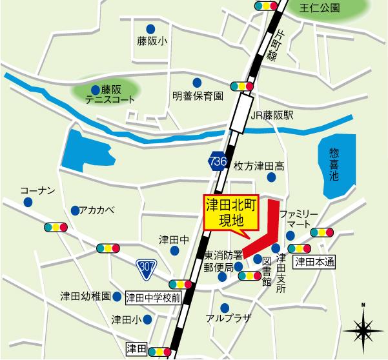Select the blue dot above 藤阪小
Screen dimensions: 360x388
[150, 28]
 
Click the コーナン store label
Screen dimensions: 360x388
[33, 191]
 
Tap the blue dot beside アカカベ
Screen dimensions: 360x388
[76, 210]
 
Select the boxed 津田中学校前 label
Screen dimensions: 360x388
[152, 297]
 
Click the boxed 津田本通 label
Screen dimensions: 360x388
[315, 261]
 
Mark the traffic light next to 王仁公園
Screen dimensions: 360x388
[267, 6]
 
